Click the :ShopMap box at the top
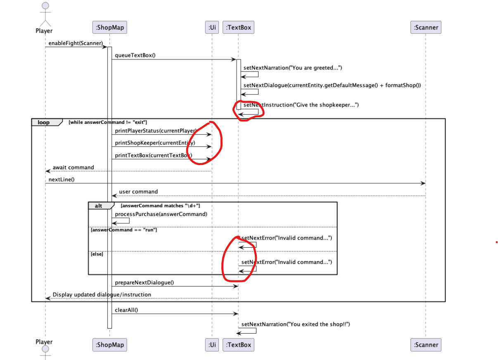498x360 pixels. [109, 28]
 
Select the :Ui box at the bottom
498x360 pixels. [212, 345]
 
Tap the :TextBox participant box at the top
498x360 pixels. [238, 28]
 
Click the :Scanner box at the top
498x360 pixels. [426, 28]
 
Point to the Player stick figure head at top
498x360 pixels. [45, 5]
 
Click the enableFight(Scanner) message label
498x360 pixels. [76, 43]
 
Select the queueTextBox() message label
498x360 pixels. [135, 55]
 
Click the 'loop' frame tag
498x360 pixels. [43, 123]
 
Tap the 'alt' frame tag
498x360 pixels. [99, 206]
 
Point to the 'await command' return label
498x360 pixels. [73, 168]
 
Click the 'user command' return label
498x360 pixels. [138, 192]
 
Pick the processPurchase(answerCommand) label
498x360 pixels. [161, 214]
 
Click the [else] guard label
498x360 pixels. [97, 254]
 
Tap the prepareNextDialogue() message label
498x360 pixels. [145, 282]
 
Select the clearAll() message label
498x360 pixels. [126, 310]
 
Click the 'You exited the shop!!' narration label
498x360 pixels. [296, 324]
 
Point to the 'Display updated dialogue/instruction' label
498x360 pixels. [102, 295]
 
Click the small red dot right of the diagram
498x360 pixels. [496, 243]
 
